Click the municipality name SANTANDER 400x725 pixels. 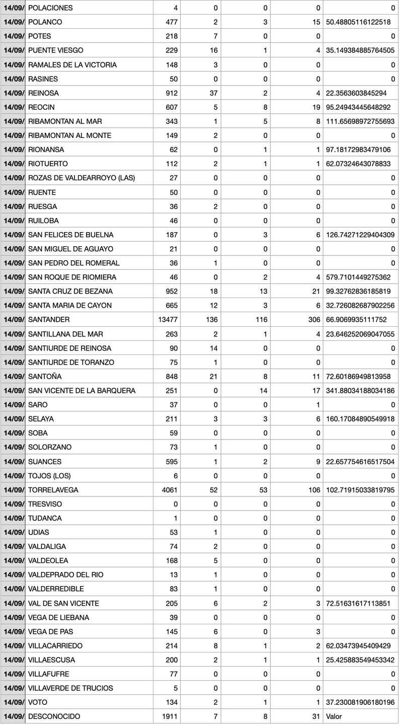49,320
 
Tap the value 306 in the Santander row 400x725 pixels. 314,320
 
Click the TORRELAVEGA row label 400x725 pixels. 53,490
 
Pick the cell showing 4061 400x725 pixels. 171,490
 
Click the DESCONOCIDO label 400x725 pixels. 54,716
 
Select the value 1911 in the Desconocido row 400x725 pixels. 171,716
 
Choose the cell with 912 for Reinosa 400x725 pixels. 173,93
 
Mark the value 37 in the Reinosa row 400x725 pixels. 213,93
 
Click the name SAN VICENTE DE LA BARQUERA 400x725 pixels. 82,391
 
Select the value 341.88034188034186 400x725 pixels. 360,391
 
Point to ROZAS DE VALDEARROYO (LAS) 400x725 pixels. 82,178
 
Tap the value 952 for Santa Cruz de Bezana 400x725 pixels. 173,291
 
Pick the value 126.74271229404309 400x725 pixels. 360,235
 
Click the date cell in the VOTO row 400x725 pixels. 13,702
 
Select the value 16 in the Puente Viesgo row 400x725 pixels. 213,50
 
